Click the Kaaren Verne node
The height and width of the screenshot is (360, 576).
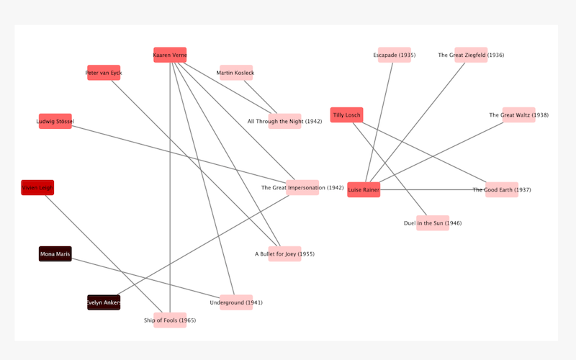[170, 55]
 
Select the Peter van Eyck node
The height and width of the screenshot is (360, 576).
[104, 73]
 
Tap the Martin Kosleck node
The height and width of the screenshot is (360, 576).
[236, 73]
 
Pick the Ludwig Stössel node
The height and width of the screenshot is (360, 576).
[55, 122]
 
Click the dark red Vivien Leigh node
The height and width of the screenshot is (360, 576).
[37, 188]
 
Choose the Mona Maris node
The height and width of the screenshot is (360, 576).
[55, 254]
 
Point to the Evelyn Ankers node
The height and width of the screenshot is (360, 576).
[104, 302]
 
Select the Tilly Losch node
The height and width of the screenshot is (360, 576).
[346, 115]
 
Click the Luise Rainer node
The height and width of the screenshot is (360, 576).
[364, 190]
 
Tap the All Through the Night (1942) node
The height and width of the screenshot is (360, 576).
[284, 122]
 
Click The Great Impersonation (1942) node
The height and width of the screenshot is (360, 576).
[302, 188]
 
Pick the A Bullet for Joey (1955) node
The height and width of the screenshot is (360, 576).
[284, 254]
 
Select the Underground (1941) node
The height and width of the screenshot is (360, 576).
[236, 302]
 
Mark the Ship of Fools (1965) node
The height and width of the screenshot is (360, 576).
[170, 320]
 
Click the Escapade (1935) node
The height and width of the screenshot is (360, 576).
[395, 55]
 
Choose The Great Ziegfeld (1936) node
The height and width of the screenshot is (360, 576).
[471, 55]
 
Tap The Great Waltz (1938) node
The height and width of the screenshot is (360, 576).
[518, 115]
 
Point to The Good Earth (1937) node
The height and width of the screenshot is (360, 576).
[502, 190]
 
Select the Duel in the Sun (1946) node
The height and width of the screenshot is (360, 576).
[433, 223]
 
